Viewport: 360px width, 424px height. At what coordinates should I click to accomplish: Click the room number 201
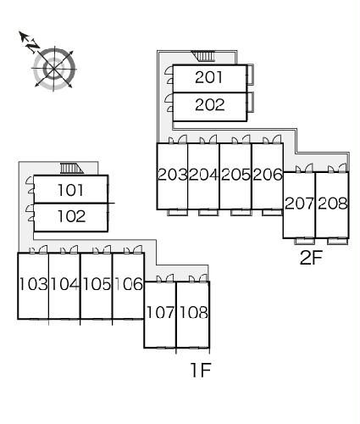pyautogui.click(x=208, y=77)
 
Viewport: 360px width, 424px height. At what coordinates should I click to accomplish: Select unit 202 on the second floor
pyautogui.click(x=209, y=105)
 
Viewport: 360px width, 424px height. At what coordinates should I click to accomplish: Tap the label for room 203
pyautogui.click(x=173, y=175)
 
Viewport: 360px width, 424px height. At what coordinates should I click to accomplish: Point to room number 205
pyautogui.click(x=235, y=175)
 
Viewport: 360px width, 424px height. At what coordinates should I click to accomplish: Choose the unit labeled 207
pyautogui.click(x=299, y=204)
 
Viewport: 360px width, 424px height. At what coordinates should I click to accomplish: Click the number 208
pyautogui.click(x=333, y=204)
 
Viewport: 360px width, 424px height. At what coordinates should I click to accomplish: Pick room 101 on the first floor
pyautogui.click(x=70, y=190)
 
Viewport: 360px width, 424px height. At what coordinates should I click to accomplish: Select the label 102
pyautogui.click(x=71, y=216)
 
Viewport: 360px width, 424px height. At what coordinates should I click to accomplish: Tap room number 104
pyautogui.click(x=64, y=284)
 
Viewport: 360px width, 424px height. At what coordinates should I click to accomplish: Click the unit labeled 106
pyautogui.click(x=129, y=284)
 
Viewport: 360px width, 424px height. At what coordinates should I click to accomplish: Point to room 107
pyautogui.click(x=160, y=312)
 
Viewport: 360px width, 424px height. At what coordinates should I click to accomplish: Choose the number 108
pyautogui.click(x=194, y=312)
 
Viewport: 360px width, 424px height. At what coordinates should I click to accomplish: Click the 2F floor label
pyautogui.click(x=311, y=258)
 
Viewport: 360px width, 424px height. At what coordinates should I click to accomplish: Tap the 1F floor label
pyautogui.click(x=201, y=370)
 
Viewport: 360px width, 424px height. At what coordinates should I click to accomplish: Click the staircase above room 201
pyautogui.click(x=203, y=56)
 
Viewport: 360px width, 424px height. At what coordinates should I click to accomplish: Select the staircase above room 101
pyautogui.click(x=72, y=169)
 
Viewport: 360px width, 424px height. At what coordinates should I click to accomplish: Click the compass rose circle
pyautogui.click(x=54, y=69)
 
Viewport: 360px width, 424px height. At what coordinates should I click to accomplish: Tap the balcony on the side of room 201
pyautogui.click(x=250, y=75)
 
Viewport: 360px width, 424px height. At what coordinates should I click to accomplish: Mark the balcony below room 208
pyautogui.click(x=338, y=242)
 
